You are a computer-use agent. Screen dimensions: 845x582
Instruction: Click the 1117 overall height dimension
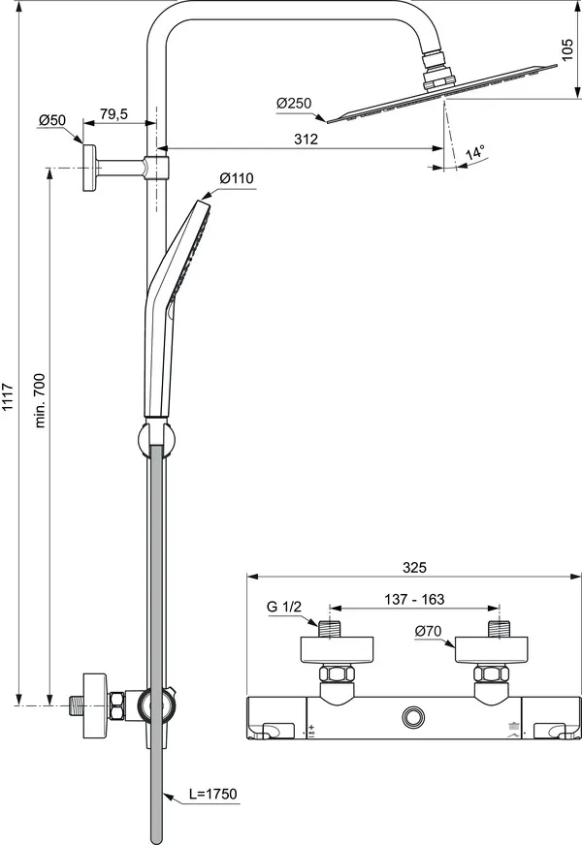[x=9, y=397]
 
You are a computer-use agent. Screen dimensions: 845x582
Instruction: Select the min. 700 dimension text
[x=40, y=399]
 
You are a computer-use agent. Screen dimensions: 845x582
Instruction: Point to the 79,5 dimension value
[x=113, y=114]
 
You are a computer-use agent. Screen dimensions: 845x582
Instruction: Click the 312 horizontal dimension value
[x=306, y=140]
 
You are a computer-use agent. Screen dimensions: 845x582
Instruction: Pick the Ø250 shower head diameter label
[x=293, y=102]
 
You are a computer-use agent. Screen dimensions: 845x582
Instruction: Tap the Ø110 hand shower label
[x=236, y=178]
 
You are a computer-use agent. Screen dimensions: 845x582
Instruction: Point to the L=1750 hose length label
[x=213, y=795]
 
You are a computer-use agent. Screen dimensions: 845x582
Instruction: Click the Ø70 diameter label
[x=428, y=632]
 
